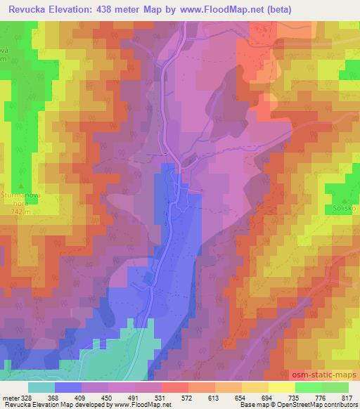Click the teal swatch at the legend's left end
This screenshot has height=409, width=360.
pos(41,387)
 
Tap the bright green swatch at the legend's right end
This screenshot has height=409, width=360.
pos(335,387)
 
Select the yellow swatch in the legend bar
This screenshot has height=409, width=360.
pos(281,387)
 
